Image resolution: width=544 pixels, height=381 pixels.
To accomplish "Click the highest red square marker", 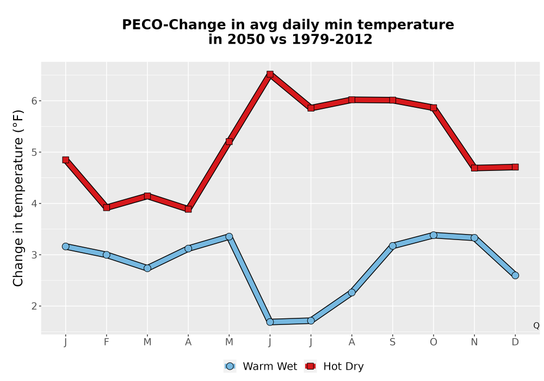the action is coord(270,74).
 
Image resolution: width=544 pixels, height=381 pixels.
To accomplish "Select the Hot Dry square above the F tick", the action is coord(107,207).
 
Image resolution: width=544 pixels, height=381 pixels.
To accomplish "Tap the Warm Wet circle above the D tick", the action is coord(515,275).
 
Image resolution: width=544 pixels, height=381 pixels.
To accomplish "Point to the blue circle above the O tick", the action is coord(434,235).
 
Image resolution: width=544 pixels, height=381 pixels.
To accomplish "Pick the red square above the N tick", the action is coord(474,168).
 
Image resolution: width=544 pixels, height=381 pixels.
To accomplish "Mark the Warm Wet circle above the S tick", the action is coord(392,245).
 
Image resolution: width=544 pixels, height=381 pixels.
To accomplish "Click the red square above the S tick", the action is coord(392,100).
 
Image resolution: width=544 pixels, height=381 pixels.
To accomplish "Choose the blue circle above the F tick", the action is coord(107,255).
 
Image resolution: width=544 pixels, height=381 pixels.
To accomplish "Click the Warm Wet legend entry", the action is coord(261,366).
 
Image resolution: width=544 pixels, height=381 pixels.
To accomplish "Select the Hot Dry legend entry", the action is coord(334,366).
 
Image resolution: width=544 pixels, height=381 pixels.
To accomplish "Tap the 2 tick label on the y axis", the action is coord(34,306).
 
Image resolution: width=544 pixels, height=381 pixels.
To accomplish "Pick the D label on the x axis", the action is coord(515,342).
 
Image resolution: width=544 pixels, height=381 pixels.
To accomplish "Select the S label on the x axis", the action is coord(392,342).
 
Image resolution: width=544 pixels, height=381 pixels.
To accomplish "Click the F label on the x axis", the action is coord(107,342).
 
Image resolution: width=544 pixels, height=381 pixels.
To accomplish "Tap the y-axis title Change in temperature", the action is coord(18,198).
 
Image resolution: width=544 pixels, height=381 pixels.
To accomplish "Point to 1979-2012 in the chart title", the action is coord(332,39).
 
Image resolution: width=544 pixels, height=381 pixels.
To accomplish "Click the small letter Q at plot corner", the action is coord(536,325).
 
